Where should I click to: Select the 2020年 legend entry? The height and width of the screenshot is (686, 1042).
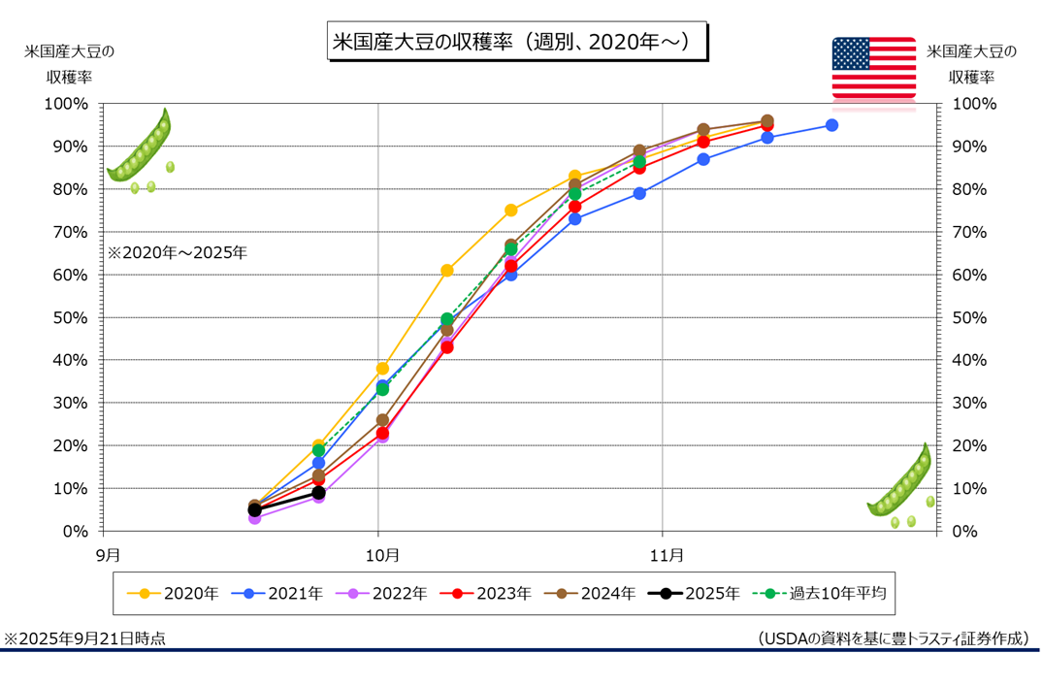[x=180, y=593]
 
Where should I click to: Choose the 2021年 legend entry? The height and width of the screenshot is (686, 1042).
[x=284, y=593]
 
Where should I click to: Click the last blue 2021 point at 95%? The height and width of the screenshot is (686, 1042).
[x=831, y=125]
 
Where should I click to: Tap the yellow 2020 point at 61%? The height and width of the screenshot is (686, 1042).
[x=447, y=271]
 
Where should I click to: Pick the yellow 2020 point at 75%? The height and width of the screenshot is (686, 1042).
[x=511, y=211]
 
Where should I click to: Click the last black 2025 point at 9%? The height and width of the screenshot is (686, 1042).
[x=318, y=493]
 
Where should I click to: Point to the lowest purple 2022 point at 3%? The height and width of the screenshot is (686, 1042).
[x=254, y=518]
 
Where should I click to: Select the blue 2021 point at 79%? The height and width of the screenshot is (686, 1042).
[x=639, y=193]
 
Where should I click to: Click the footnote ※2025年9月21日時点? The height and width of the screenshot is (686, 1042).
[x=84, y=638]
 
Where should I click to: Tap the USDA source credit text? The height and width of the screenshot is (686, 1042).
[x=893, y=638]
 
